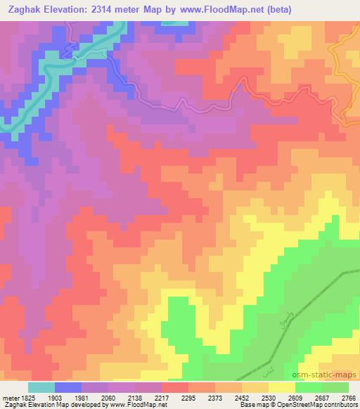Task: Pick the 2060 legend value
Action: point(108,398)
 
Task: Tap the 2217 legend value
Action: point(162,398)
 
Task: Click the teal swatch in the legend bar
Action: point(41,387)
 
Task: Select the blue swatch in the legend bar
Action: point(68,387)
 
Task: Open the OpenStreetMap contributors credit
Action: point(314,405)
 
